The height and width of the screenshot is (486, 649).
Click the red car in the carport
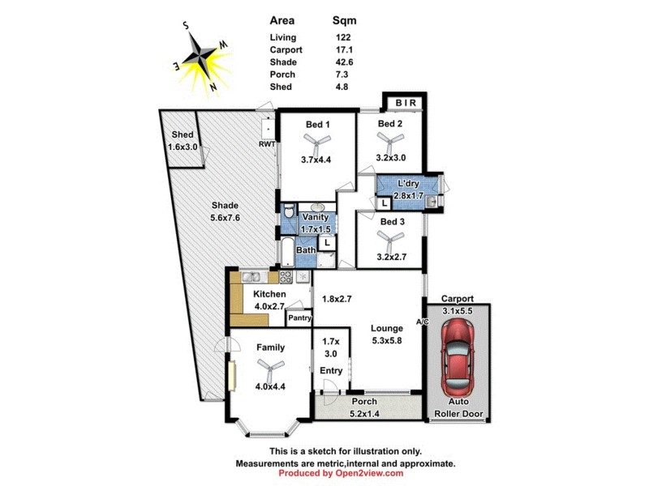[459, 353]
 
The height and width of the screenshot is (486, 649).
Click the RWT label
[267, 144]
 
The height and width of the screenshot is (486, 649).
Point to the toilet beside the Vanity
[286, 215]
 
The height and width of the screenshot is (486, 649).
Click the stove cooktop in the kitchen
[286, 276]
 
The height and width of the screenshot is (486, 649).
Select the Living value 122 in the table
[343, 37]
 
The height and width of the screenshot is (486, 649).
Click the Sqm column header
[344, 20]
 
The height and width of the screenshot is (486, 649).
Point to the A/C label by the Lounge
[423, 322]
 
